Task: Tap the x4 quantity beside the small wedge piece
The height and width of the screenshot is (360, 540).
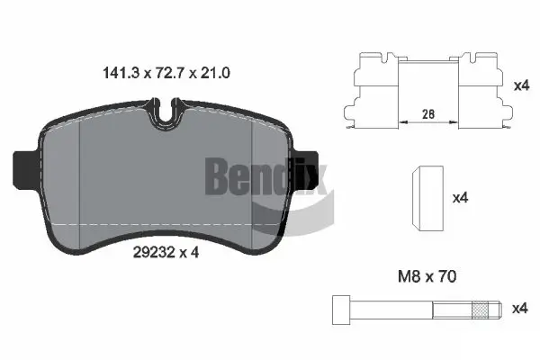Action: pos(458,197)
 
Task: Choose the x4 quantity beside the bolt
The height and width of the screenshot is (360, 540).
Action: pos(519,309)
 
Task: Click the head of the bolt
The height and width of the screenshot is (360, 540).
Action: pos(339,309)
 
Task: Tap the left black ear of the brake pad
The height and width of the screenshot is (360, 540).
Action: pos(24,168)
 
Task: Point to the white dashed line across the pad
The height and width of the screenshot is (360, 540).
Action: pos(162,223)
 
